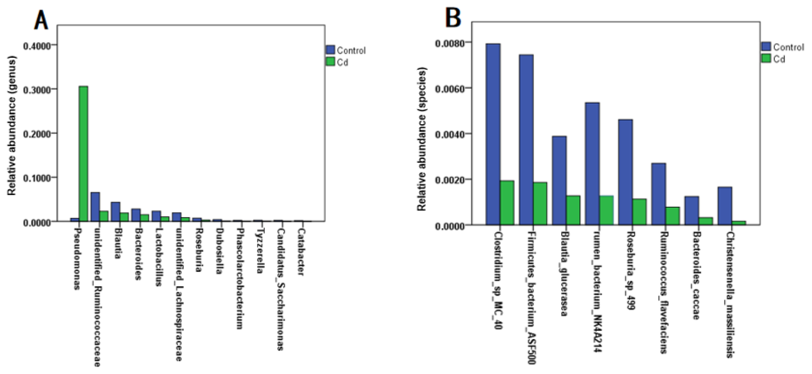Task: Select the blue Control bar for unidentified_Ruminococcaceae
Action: (95, 207)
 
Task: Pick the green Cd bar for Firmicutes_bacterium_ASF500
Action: (540, 203)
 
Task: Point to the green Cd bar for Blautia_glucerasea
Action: (573, 210)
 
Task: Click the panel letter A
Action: (41, 20)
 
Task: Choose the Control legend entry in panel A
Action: (346, 50)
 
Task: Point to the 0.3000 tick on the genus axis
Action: (37, 90)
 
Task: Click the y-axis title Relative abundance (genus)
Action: (12, 126)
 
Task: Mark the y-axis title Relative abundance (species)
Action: (422, 139)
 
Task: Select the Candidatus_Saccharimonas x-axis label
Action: (280, 290)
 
